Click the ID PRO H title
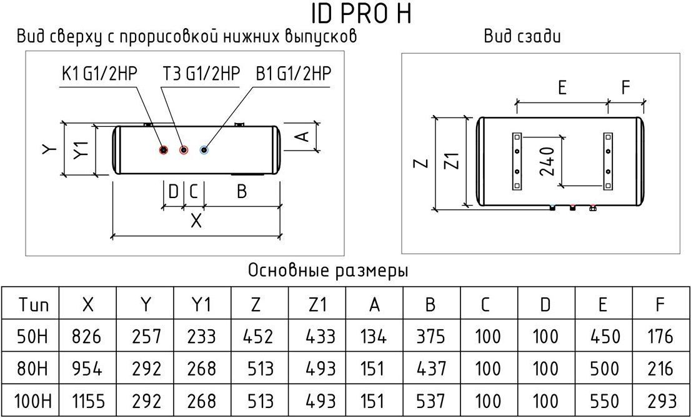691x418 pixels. tap(361, 14)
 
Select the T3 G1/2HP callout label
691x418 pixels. tap(201, 74)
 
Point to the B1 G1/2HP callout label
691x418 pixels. tap(293, 74)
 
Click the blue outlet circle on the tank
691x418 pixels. tap(204, 150)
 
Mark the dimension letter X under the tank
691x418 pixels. tap(196, 220)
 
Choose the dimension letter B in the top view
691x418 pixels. tap(242, 192)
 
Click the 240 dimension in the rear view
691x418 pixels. tap(547, 161)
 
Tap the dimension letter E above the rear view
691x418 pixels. tap(562, 87)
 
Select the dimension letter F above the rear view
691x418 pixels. tap(626, 87)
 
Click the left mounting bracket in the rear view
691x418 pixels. tap(517, 161)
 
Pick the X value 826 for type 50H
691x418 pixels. tap(87, 337)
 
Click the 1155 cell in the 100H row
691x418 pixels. tap(87, 401)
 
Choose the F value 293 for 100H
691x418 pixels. tap(662, 401)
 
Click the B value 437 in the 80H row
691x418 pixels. tap(431, 369)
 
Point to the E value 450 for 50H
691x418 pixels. tap(604, 337)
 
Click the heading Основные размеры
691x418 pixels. tap(328, 271)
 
